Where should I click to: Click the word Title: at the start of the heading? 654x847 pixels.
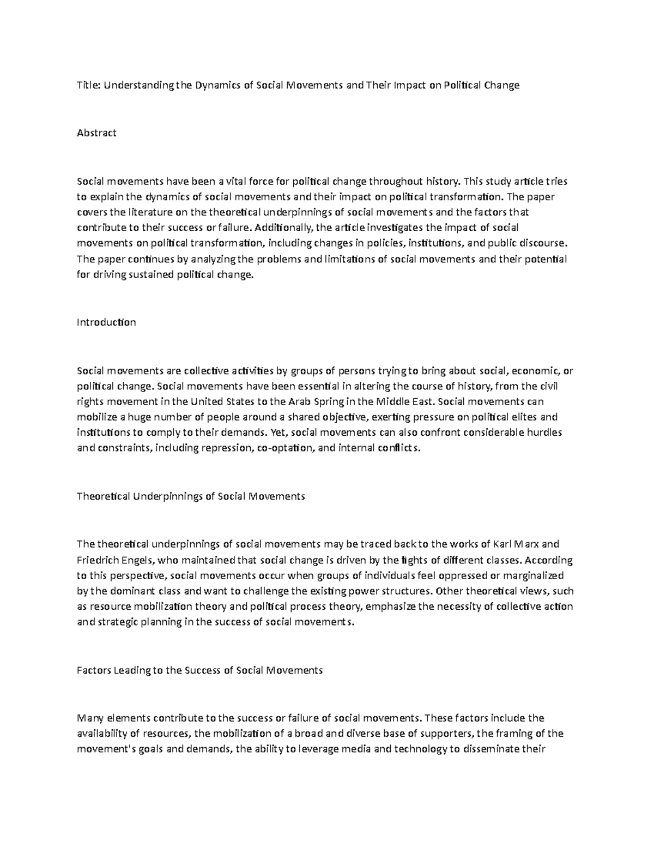pos(89,85)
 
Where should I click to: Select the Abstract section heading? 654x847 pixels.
pos(96,133)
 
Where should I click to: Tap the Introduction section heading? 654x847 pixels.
pos(106,322)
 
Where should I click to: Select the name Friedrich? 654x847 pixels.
pos(99,560)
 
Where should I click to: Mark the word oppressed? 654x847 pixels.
pos(422,575)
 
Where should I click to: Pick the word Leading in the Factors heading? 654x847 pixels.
pos(131,670)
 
